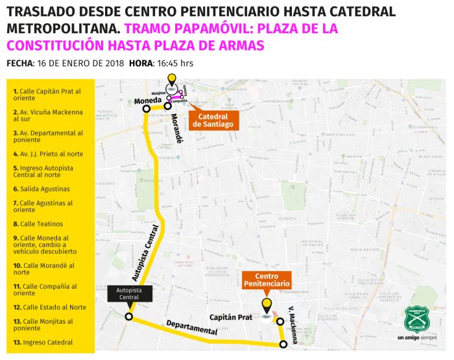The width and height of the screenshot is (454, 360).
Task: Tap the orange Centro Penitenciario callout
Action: [x=267, y=280]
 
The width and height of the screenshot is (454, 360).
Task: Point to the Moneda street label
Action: [x=147, y=101]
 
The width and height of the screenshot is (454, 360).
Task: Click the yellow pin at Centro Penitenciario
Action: [x=266, y=306]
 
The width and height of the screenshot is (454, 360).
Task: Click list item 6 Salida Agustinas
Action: [x=41, y=189]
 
